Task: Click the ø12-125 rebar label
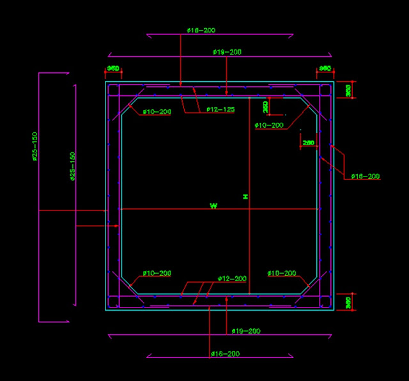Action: (x=220, y=109)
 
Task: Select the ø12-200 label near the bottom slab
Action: (x=232, y=279)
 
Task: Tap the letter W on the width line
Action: (x=213, y=205)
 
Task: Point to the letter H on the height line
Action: (x=245, y=198)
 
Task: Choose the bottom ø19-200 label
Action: (x=245, y=331)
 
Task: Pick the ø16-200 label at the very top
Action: (x=201, y=30)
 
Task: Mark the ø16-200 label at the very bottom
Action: (x=225, y=354)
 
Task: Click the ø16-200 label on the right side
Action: (x=365, y=176)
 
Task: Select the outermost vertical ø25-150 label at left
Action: (x=35, y=146)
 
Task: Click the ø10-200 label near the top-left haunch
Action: (x=157, y=112)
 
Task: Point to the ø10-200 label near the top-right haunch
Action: (x=268, y=125)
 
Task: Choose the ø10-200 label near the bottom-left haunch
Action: (x=157, y=274)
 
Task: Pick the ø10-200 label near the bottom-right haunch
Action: (x=282, y=274)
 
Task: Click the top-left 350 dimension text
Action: (x=113, y=68)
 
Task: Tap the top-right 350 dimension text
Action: (x=325, y=68)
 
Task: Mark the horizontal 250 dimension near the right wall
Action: (x=308, y=143)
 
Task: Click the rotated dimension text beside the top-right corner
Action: (x=348, y=90)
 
